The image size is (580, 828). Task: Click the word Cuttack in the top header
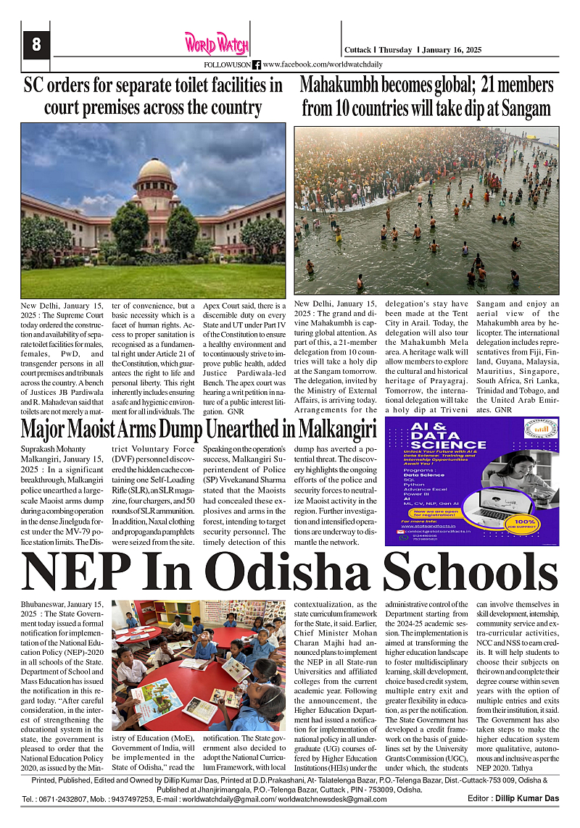tap(358, 51)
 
